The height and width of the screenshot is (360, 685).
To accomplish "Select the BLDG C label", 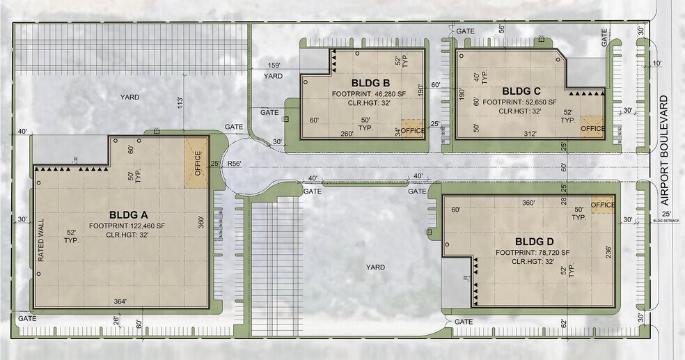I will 521,91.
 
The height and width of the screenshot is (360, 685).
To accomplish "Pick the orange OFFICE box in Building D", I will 602,204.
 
